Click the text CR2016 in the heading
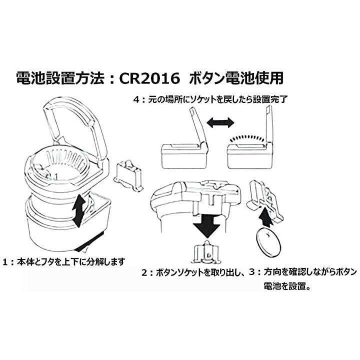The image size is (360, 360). [149, 78]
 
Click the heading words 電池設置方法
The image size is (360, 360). [60, 78]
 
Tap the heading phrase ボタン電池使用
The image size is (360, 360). [236, 78]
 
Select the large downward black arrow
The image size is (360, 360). [207, 225]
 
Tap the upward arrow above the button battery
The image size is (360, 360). [265, 216]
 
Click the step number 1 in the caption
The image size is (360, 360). [6, 262]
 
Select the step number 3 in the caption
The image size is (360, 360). [252, 272]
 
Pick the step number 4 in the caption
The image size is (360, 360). [137, 100]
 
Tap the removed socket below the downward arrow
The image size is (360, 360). [206, 252]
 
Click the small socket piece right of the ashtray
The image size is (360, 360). [128, 175]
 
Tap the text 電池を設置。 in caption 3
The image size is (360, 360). [287, 286]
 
